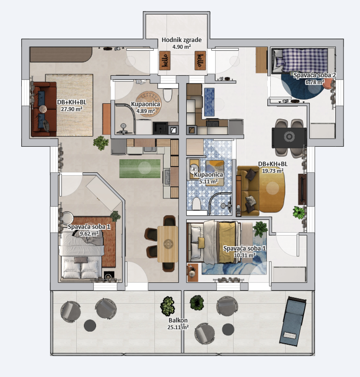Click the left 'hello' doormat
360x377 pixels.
click(x=165, y=61)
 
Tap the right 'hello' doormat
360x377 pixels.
click(x=200, y=61)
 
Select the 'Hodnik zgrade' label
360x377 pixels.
click(x=181, y=40)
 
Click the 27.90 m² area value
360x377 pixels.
click(x=71, y=109)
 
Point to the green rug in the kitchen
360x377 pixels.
click(x=140, y=168)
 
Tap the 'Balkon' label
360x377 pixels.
click(x=178, y=320)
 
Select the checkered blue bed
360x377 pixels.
click(x=303, y=60)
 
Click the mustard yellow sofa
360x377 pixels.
click(x=248, y=191)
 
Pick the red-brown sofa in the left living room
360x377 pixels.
click(x=44, y=109)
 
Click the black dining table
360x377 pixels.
click(x=289, y=137)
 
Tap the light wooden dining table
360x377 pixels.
click(x=167, y=244)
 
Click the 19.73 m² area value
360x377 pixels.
click(x=273, y=171)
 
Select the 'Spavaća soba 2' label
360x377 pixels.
click(x=315, y=75)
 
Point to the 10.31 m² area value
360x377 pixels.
click(x=245, y=255)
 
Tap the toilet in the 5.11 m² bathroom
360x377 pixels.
click(x=196, y=204)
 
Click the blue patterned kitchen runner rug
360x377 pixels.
click(x=209, y=102)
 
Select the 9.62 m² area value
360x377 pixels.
click(x=89, y=233)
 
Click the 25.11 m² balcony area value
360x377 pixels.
click(x=178, y=327)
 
